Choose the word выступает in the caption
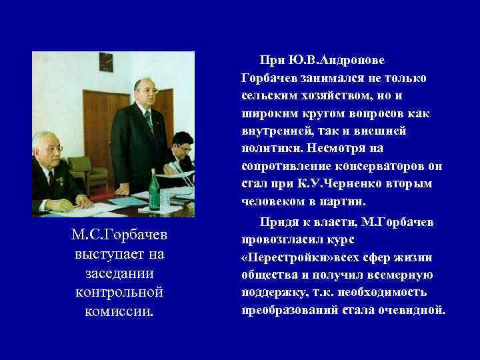coord(112,255)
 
